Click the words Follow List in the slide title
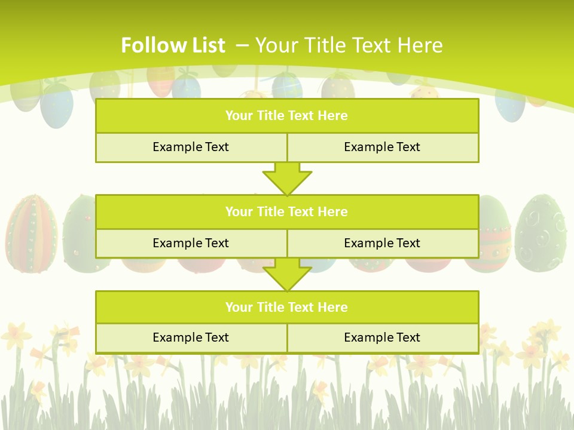click(x=173, y=45)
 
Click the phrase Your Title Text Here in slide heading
click(x=349, y=45)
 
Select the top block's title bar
click(x=287, y=116)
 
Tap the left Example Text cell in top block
click(x=191, y=147)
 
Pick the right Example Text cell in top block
click(x=383, y=147)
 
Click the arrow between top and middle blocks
click(x=287, y=179)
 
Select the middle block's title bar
click(x=287, y=211)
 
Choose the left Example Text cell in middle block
click(x=191, y=243)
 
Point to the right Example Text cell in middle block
click(x=383, y=243)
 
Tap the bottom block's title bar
click(x=287, y=307)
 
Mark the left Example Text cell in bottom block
click(x=191, y=337)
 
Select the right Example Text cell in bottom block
click(x=383, y=337)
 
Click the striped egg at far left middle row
click(x=31, y=233)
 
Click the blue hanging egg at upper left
click(x=57, y=105)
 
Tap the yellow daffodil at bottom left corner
click(x=16, y=335)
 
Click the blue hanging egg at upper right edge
click(x=509, y=105)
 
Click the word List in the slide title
click(x=209, y=45)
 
